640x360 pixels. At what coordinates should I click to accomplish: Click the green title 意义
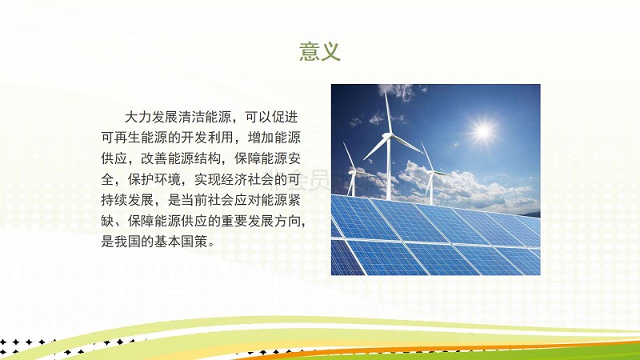(x=319, y=51)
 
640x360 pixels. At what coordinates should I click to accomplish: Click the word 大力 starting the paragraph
(x=138, y=117)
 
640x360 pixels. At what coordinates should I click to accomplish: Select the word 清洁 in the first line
(x=190, y=117)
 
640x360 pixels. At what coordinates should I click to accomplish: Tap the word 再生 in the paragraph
(x=127, y=138)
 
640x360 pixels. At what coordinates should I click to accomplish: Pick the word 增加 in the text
(x=261, y=138)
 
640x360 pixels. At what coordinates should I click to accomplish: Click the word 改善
(x=154, y=158)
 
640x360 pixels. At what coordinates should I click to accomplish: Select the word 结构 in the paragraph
(x=207, y=158)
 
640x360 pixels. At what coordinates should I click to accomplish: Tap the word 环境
(x=167, y=179)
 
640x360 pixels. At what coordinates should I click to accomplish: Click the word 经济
(x=234, y=179)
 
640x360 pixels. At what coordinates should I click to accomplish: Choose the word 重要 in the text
(x=234, y=221)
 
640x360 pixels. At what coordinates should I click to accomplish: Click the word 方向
(x=287, y=221)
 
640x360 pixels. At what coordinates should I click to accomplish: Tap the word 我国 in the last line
(x=127, y=242)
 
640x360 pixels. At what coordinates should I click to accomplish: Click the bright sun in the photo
(x=483, y=131)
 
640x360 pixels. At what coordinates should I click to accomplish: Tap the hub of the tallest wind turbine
(x=388, y=135)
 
